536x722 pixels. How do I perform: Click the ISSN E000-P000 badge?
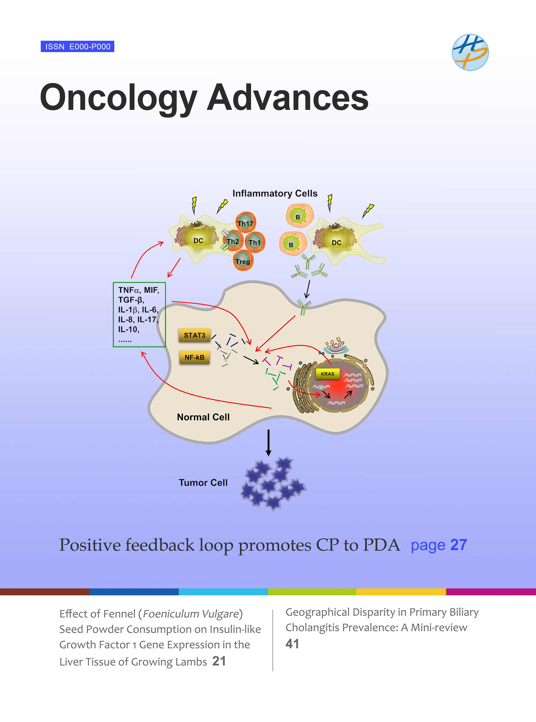[x=77, y=46]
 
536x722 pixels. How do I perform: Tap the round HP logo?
[x=470, y=52]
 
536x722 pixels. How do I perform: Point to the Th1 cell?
[x=255, y=242]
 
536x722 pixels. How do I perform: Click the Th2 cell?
[x=233, y=241]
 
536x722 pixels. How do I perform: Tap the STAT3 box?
[x=194, y=335]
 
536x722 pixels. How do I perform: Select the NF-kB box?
[x=194, y=357]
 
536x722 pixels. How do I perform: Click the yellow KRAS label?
[x=327, y=374]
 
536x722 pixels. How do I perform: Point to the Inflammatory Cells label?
[x=275, y=193]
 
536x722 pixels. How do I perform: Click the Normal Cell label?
[x=203, y=417]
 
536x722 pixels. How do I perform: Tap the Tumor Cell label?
[x=203, y=483]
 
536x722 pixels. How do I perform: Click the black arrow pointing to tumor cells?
[x=268, y=443]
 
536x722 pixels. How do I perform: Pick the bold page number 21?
[x=219, y=661]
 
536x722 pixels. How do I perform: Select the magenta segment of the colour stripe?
[x=491, y=592]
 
